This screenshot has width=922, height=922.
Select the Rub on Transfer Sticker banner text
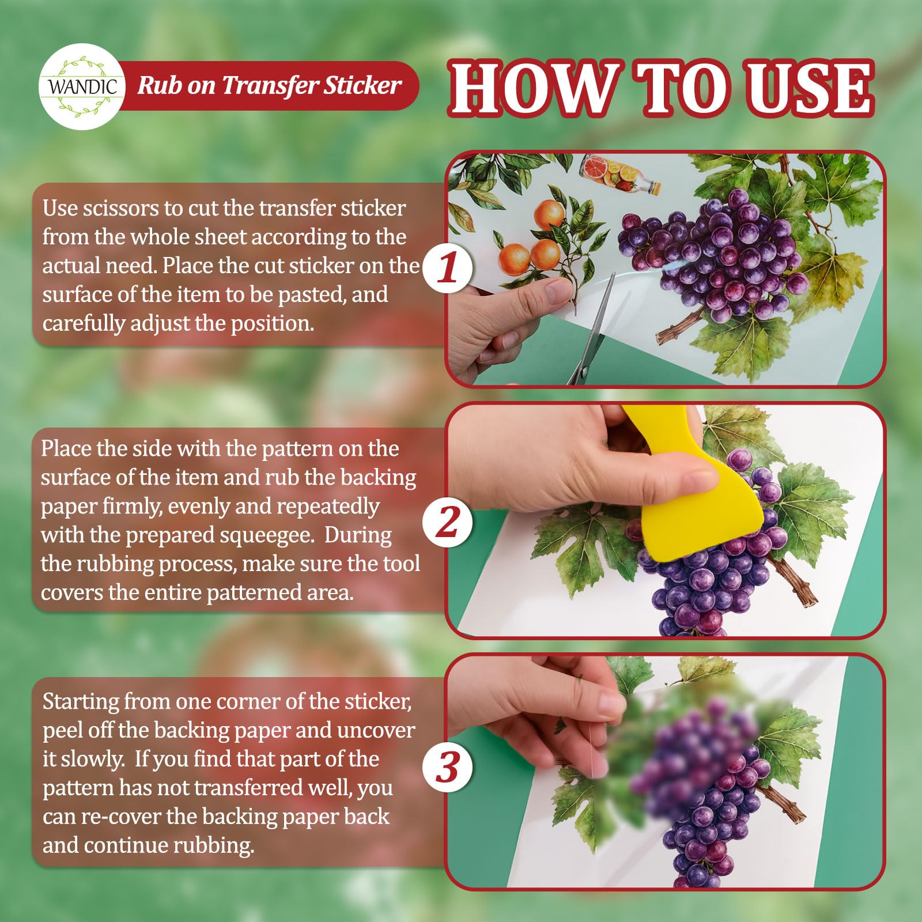269,85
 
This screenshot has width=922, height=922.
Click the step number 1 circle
448,269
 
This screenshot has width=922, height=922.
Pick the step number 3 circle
448,768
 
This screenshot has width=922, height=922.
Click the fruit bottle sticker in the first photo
620,173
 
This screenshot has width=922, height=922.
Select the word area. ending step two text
327,593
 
